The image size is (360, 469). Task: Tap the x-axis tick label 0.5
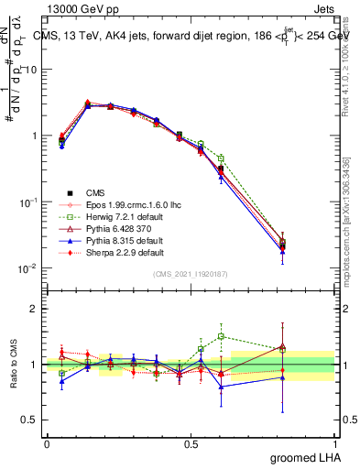tap(191, 442)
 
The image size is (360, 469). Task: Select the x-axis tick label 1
tap(335, 442)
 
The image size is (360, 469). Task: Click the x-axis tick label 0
tap(47, 442)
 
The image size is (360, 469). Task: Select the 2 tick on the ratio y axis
tap(34, 309)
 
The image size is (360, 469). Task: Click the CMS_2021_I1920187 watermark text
tap(191, 275)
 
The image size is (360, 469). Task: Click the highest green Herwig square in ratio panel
tap(221, 336)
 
